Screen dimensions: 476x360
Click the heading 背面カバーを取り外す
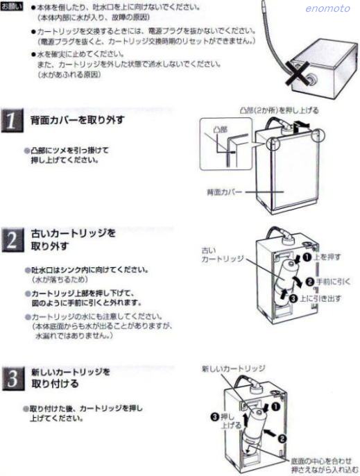77,120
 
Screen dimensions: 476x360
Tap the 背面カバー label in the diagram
223,190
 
